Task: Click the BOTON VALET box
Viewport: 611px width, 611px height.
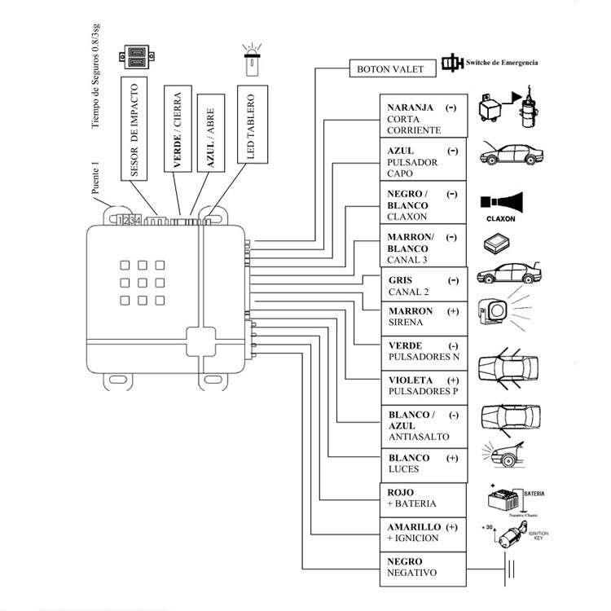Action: coord(390,69)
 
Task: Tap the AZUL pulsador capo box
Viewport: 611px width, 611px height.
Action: coord(424,161)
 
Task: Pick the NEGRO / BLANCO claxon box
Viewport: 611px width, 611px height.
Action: coord(424,205)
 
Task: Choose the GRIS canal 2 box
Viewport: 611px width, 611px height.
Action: coord(424,286)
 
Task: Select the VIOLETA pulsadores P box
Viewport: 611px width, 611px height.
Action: coord(424,386)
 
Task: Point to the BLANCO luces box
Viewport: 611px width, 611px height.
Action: coord(424,464)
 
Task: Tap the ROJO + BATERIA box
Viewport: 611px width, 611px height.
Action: coord(424,499)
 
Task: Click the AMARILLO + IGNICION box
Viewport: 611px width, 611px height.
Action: coord(424,533)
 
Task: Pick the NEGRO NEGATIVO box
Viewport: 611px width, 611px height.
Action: coord(424,567)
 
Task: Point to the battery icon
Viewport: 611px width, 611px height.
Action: coord(500,498)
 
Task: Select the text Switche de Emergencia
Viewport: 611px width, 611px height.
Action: coord(502,63)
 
